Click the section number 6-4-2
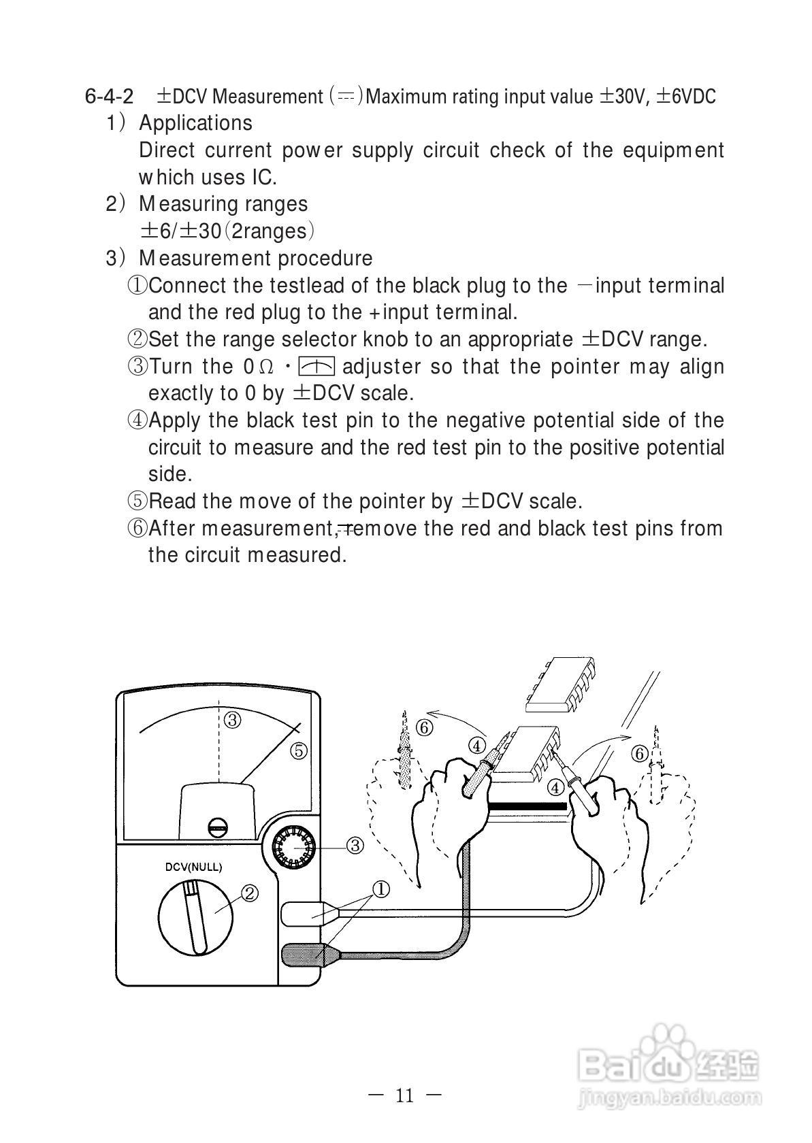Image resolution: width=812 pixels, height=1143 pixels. tap(109, 96)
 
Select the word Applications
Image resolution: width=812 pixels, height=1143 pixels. tap(195, 123)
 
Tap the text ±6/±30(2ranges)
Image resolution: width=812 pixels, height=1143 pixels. tap(227, 231)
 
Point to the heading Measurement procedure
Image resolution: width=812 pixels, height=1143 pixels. tap(255, 259)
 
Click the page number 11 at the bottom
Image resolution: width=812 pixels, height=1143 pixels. tap(404, 1095)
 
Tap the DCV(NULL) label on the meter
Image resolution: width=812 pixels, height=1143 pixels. tap(193, 867)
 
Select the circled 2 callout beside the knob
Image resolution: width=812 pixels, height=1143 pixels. tap(250, 893)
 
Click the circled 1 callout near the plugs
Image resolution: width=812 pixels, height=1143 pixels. tap(380, 889)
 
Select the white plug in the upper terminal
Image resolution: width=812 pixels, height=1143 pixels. tap(304, 913)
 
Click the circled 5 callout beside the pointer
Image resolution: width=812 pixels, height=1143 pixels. tap(299, 751)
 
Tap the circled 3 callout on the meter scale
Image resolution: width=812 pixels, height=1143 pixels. tap(233, 719)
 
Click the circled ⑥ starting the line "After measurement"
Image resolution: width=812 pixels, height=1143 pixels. tap(137, 528)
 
